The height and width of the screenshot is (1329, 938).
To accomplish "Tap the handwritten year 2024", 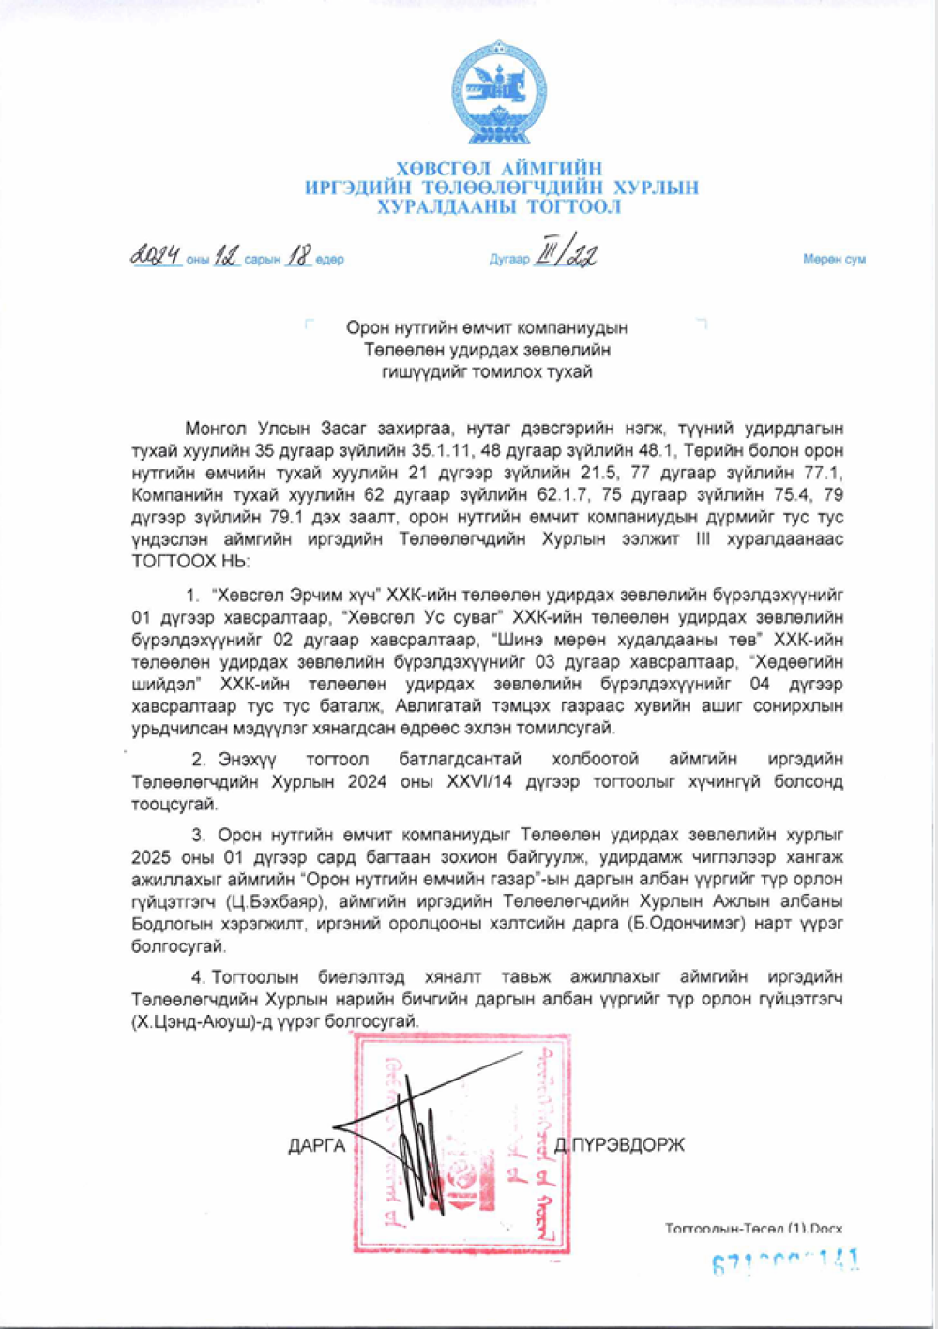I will pos(156,255).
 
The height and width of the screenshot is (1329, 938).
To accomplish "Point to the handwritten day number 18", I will pos(298,255).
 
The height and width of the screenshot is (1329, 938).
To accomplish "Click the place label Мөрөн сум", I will pos(834,260).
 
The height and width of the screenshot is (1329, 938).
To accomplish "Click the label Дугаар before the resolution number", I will pos(509,260).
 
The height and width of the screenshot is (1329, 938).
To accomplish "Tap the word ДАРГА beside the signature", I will pos(317,1146).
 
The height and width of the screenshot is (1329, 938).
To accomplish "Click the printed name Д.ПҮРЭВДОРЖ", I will pos(620,1145).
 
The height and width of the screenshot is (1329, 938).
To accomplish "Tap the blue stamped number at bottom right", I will pos(786,1262).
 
